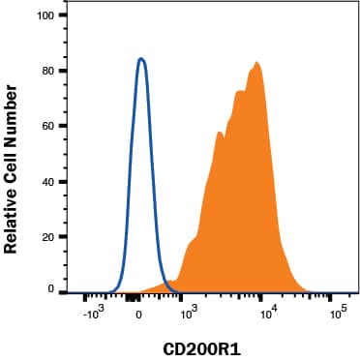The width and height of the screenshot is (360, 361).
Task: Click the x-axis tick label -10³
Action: pos(93,315)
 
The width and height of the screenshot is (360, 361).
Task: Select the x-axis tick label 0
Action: pos(139,315)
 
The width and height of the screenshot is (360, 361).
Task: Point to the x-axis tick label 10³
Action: pos(190,315)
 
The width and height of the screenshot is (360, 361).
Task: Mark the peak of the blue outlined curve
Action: pos(141,58)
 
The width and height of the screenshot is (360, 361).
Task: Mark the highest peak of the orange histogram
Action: pos(257,63)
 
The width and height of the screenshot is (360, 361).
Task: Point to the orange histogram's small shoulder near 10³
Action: pos(191,241)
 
